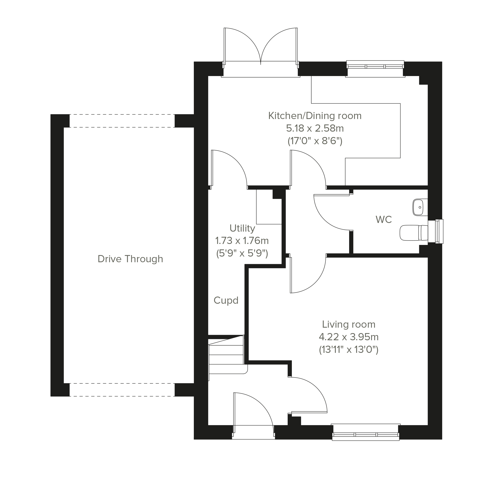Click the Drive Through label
[130, 259]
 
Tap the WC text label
[383, 220]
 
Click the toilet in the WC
[414, 233]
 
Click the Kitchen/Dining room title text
[315, 116]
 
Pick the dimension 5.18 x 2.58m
[315, 128]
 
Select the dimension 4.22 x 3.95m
[349, 337]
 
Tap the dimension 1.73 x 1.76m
[242, 241]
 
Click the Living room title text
[349, 324]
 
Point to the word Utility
[242, 228]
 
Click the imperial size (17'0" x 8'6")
[315, 141]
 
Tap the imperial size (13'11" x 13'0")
[349, 350]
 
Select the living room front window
[365, 432]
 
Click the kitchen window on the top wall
[375, 69]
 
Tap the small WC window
[436, 231]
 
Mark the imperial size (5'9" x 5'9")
[242, 253]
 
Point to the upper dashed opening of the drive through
[122, 121]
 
